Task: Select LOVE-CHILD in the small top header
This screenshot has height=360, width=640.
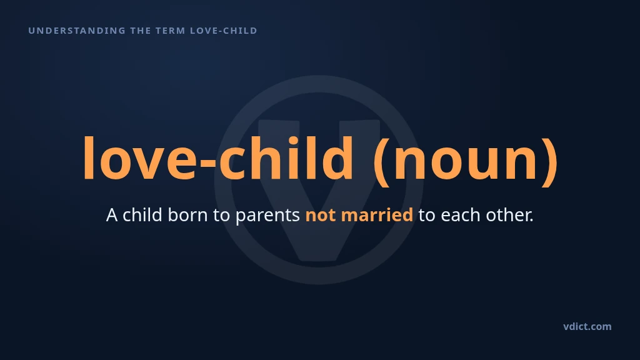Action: pyautogui.click(x=224, y=31)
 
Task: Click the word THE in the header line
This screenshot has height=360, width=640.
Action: pyautogui.click(x=141, y=31)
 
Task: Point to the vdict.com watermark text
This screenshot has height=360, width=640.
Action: pyautogui.click(x=587, y=326)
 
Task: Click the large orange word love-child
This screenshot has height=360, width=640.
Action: pyautogui.click(x=218, y=158)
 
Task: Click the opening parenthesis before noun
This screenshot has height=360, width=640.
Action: pyautogui.click(x=381, y=161)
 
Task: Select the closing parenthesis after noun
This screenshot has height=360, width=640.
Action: pyautogui.click(x=549, y=161)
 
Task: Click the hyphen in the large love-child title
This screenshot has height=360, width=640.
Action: pyautogui.click(x=207, y=164)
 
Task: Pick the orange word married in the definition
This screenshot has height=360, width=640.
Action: pyautogui.click(x=377, y=215)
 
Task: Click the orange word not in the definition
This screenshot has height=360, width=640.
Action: pyautogui.click(x=321, y=216)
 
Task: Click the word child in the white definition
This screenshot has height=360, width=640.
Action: pyautogui.click(x=142, y=215)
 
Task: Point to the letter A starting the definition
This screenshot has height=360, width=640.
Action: pyautogui.click(x=112, y=216)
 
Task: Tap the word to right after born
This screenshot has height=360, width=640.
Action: pyautogui.click(x=221, y=216)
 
